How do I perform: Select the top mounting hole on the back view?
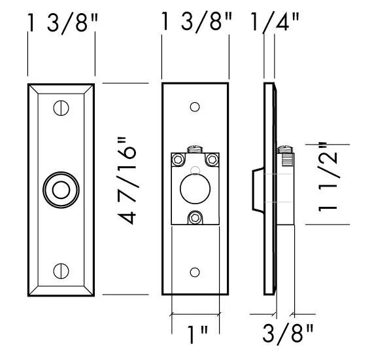pyautogui.click(x=194, y=107)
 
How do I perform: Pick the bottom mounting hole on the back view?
pyautogui.click(x=194, y=272)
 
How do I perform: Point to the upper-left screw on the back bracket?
pyautogui.click(x=178, y=159)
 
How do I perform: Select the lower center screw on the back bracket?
pyautogui.click(x=194, y=217)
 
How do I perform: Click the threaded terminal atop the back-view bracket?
pyautogui.click(x=194, y=149)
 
